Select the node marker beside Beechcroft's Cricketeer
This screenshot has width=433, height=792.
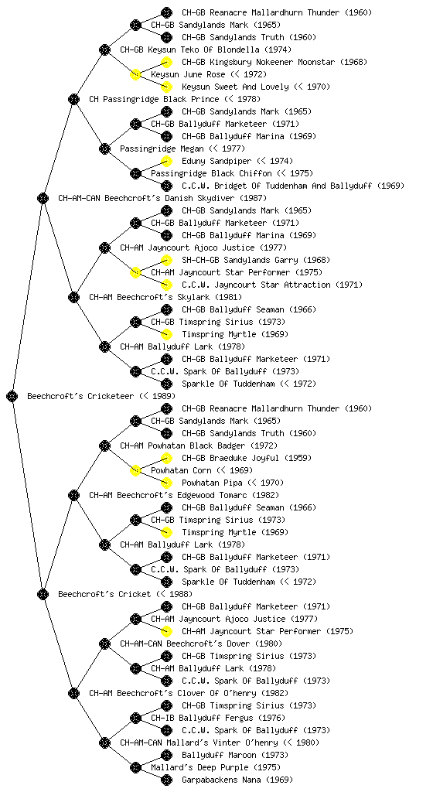coord(12,396)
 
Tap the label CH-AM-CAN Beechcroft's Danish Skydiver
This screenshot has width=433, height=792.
coord(162,198)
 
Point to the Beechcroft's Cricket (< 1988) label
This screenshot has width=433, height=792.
coord(125,594)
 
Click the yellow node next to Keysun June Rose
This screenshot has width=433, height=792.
coord(135,74)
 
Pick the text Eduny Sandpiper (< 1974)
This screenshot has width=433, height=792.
coord(237,161)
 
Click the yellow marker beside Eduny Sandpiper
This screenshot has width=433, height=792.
coord(166,161)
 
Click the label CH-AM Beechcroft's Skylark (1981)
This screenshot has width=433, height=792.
coord(165,297)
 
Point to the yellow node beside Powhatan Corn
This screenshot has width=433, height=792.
coord(135,470)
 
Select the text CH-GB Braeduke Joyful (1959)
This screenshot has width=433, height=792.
coord(247,458)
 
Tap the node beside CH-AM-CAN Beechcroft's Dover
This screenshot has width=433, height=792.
coord(104,643)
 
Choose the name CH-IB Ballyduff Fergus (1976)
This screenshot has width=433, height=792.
coord(218,718)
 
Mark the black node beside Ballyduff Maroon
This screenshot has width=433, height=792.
coord(166,755)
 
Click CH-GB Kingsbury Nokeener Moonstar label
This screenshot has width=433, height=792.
coord(274,62)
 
